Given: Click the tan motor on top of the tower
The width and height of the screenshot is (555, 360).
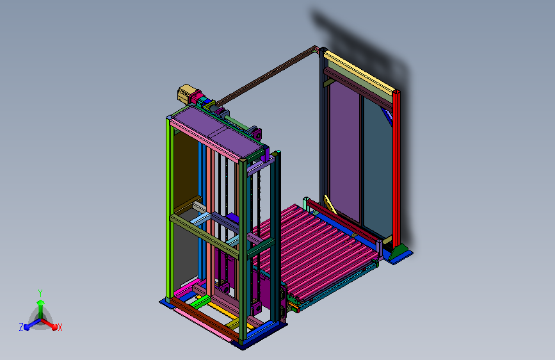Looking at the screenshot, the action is coord(185,94).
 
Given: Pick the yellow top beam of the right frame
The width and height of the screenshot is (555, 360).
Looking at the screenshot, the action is coord(359,73).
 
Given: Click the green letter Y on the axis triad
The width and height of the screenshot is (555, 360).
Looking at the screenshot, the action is coord(40,293).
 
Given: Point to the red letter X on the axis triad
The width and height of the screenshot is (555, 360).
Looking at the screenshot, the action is coord(60,327).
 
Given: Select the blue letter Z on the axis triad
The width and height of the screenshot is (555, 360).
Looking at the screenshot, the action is coord(21,327).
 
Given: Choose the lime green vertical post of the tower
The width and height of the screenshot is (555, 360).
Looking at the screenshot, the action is coord(170,209).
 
